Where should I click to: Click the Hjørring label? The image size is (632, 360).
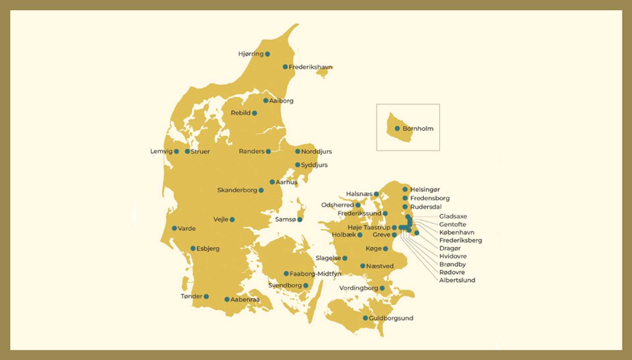click(250, 54)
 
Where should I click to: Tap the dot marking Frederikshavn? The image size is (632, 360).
click(285, 67)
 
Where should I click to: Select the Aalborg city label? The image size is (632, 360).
click(281, 101)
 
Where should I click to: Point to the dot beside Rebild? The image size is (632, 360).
click(254, 113)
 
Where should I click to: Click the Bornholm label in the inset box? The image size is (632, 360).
click(418, 129)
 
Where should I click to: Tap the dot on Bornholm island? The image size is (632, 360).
click(397, 128)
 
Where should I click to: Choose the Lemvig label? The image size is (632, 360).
click(161, 152)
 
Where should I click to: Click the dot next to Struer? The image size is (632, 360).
click(187, 152)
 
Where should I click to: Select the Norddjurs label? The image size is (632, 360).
click(316, 152)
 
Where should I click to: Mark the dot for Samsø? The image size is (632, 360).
click(300, 220)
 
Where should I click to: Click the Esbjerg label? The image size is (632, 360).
click(208, 249)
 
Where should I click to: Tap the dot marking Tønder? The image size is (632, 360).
click(206, 296)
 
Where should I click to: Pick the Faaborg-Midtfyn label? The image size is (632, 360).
click(315, 274)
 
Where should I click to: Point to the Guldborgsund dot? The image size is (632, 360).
click(365, 318)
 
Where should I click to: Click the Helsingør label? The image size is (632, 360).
click(425, 190)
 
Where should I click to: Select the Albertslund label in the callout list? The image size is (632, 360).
click(457, 280)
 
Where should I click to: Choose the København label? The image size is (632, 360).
click(457, 233)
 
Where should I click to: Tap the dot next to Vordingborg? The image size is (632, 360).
click(382, 288)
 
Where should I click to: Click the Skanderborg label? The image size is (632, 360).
click(237, 190)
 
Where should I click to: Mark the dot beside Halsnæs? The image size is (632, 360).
click(376, 194)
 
